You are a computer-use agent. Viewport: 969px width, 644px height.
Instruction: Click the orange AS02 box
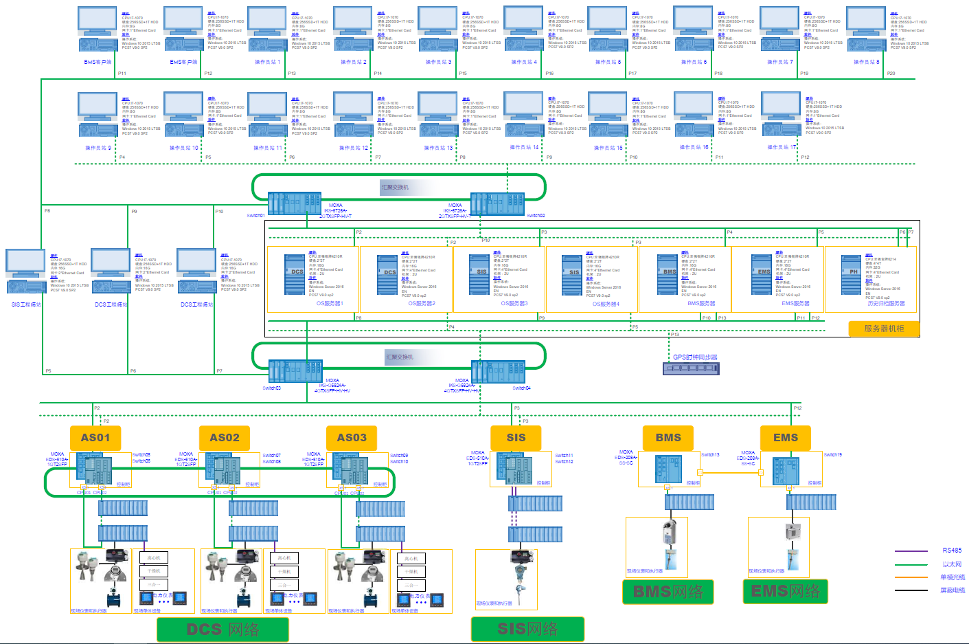[225, 438]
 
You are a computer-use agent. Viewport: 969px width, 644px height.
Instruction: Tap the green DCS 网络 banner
[223, 629]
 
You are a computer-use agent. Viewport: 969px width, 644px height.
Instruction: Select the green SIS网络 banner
[527, 628]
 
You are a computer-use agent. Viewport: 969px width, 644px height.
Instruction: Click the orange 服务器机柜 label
[884, 329]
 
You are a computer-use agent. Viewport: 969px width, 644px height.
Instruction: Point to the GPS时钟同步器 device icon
[691, 368]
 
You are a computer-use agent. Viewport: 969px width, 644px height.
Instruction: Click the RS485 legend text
[952, 551]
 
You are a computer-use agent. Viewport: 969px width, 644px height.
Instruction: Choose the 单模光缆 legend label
[953, 577]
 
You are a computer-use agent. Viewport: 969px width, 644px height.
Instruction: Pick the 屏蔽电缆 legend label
[953, 590]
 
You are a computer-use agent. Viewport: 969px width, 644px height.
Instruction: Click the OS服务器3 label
[514, 303]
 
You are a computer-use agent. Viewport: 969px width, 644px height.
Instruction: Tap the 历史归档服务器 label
[886, 303]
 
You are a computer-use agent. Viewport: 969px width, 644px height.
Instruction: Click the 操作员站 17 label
[782, 147]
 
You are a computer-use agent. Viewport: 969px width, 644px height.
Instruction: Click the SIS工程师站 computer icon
[26, 271]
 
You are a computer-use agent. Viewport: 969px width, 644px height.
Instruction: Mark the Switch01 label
[255, 215]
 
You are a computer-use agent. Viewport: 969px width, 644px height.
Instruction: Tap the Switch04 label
[521, 388]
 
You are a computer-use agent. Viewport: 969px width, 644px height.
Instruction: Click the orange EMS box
[786, 438]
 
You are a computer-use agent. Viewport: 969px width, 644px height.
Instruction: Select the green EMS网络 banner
[786, 591]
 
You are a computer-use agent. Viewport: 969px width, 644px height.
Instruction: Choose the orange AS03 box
[352, 438]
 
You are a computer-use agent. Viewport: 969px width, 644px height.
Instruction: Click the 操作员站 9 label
[98, 148]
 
